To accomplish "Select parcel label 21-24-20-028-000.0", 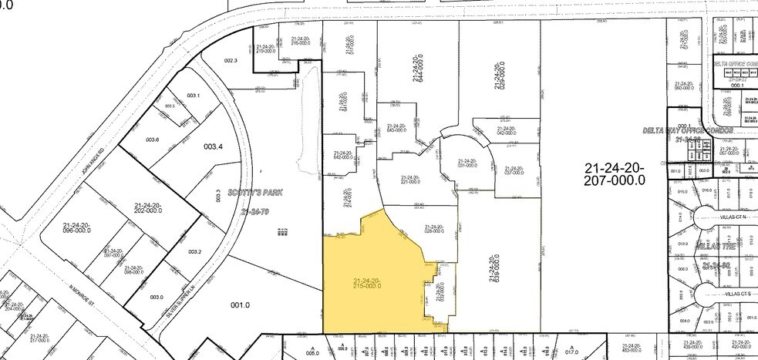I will click(x=436, y=229).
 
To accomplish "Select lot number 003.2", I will click(x=194, y=251).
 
